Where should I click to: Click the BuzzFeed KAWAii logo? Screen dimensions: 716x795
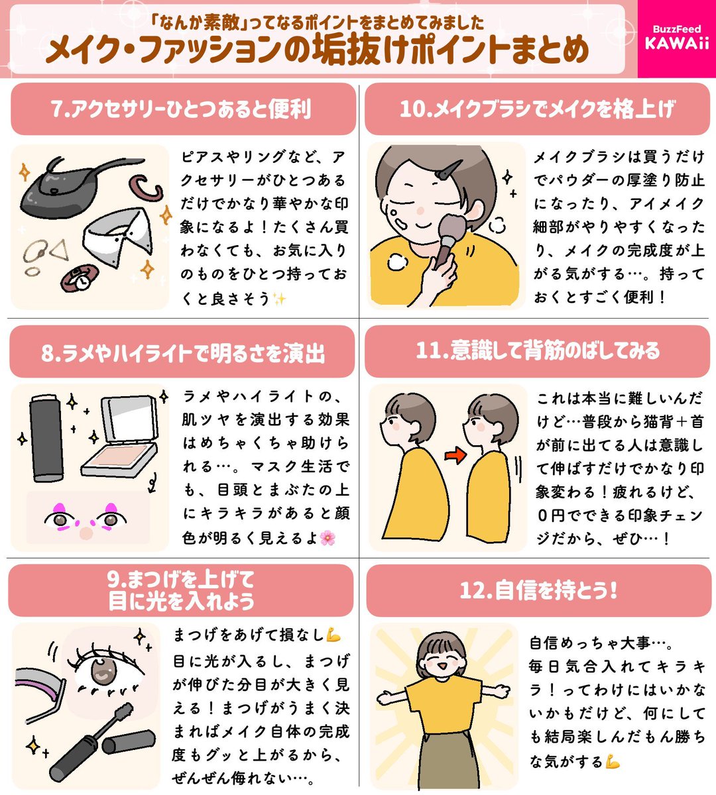(x=677, y=38)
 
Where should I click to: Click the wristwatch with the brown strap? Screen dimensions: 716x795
(x=80, y=277)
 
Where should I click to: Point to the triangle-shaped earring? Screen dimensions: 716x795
(x=59, y=250)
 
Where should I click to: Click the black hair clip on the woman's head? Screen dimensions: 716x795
(x=448, y=170)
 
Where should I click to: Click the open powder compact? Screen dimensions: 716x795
(x=123, y=435)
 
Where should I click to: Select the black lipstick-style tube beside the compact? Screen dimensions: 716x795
(x=46, y=437)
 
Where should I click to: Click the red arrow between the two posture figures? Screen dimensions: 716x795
(x=455, y=455)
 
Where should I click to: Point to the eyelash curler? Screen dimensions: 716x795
(x=38, y=686)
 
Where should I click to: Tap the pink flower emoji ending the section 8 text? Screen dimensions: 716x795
(x=328, y=538)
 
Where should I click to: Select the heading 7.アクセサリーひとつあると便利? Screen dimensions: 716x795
(x=181, y=109)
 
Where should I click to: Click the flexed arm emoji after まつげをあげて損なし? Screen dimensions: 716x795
(x=333, y=635)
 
